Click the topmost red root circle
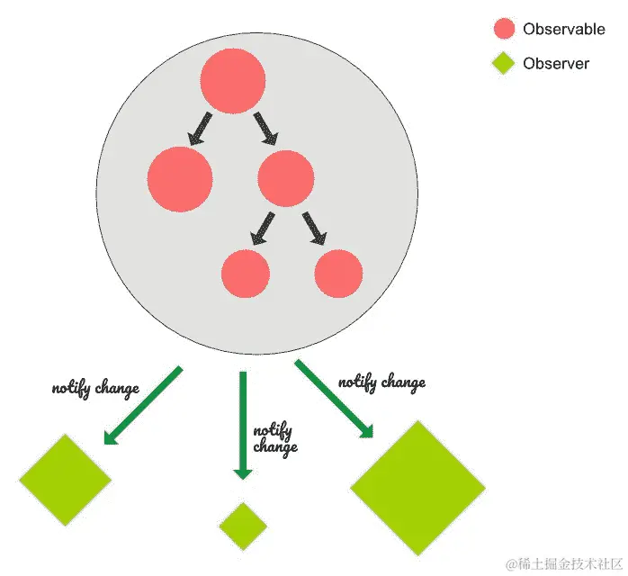pyautogui.click(x=232, y=82)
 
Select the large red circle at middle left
pyautogui.click(x=180, y=179)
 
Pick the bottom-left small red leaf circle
pyautogui.click(x=246, y=274)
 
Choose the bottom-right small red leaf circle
pyautogui.click(x=339, y=274)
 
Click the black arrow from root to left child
pyautogui.click(x=200, y=128)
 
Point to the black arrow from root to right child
pyautogui.click(x=266, y=128)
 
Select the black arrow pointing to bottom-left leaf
pyautogui.click(x=263, y=228)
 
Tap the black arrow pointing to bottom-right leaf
pyautogui.click(x=314, y=228)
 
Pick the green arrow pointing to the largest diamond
pyautogui.click(x=334, y=399)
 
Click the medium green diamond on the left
pyautogui.click(x=65, y=480)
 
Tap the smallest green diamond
pyautogui.click(x=243, y=526)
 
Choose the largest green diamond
pyautogui.click(x=417, y=488)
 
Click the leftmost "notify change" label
pyautogui.click(x=95, y=389)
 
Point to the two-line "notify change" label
pyautogui.click(x=275, y=438)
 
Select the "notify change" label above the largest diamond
pyautogui.click(x=381, y=382)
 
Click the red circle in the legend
pyautogui.click(x=504, y=29)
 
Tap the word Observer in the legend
pyautogui.click(x=556, y=64)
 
